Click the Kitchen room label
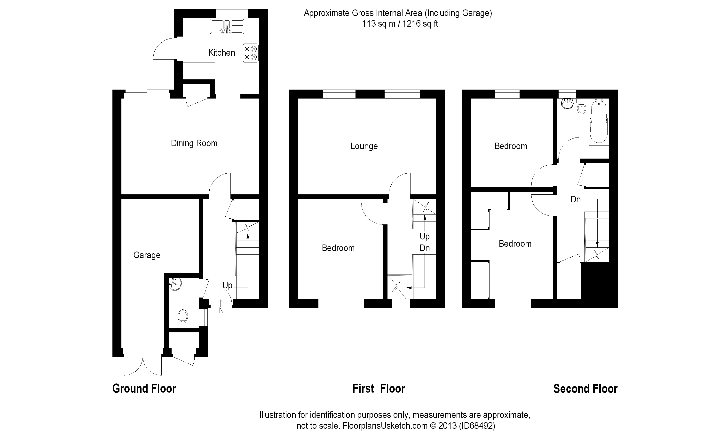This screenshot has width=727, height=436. (221, 53)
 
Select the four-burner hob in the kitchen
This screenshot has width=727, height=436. (251, 53)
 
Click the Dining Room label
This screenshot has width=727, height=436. (194, 143)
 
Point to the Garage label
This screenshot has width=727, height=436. (147, 255)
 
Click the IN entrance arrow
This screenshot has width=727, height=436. (220, 306)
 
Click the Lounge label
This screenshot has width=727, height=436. (364, 146)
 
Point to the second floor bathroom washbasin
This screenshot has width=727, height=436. (567, 103)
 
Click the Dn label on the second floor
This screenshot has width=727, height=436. (576, 199)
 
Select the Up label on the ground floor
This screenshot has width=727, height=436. (227, 285)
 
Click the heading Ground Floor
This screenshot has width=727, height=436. (144, 389)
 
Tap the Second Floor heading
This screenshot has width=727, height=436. (585, 389)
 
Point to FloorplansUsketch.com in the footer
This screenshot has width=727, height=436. (385, 426)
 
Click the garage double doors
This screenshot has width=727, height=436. (143, 366)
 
